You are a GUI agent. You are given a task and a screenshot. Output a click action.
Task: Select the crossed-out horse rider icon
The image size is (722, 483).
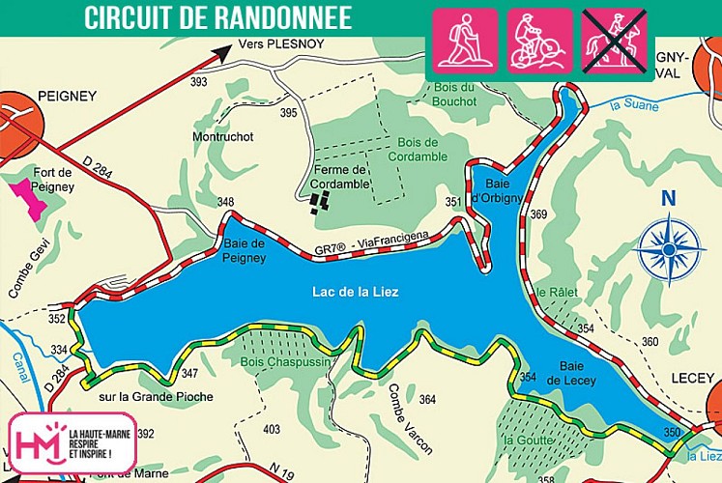615,42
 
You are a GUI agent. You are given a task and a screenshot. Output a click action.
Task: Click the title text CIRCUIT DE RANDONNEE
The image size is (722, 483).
217,17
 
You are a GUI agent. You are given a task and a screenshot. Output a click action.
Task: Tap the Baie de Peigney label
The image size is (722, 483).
245,250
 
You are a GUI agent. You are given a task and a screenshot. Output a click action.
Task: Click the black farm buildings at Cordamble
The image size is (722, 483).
321,201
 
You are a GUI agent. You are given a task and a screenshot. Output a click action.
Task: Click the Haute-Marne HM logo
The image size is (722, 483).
37,442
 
